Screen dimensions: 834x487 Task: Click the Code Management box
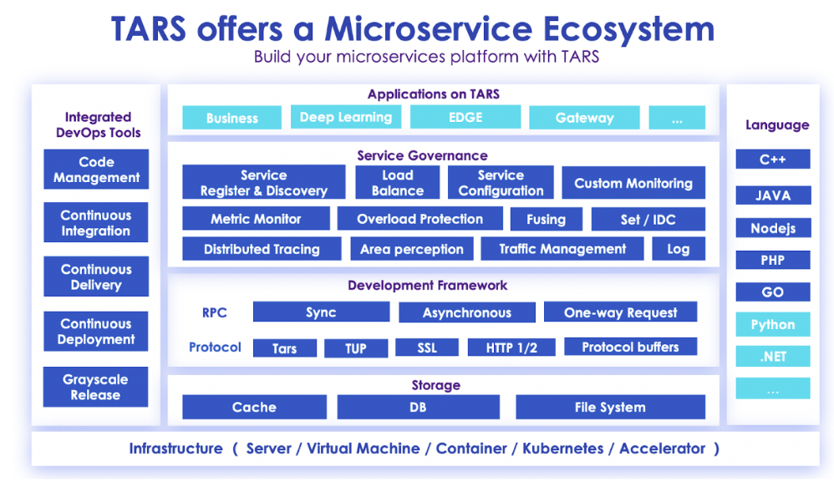coord(96,169)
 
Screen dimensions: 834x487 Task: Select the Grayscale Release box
coord(96,387)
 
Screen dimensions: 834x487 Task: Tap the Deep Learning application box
coord(346,117)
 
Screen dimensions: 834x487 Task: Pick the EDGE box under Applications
coord(465,117)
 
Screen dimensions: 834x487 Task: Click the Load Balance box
coord(398,182)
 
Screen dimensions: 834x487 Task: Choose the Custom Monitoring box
coord(633,183)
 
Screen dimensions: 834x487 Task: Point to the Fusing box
coord(547,219)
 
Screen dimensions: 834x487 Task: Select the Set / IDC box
coord(648,219)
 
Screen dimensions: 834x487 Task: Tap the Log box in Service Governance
coord(679,249)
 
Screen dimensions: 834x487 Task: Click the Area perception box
coord(412,249)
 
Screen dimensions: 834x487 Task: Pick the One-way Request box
coord(621,312)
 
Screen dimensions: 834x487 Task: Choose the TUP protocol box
coord(356,348)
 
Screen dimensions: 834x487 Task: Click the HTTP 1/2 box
coord(511,347)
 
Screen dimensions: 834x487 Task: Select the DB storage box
coord(418,407)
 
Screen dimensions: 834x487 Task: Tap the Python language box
coord(773,324)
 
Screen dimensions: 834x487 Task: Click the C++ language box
coord(773,159)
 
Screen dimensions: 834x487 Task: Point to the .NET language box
coord(773,356)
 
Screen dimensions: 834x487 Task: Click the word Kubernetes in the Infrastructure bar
coord(562,449)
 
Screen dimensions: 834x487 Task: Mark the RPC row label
coord(215,312)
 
